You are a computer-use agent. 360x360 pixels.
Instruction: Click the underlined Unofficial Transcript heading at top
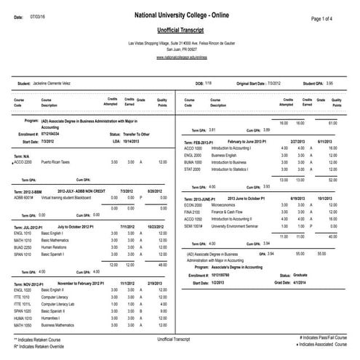coord(180,31)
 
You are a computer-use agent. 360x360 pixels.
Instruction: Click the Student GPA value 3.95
coord(330,84)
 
